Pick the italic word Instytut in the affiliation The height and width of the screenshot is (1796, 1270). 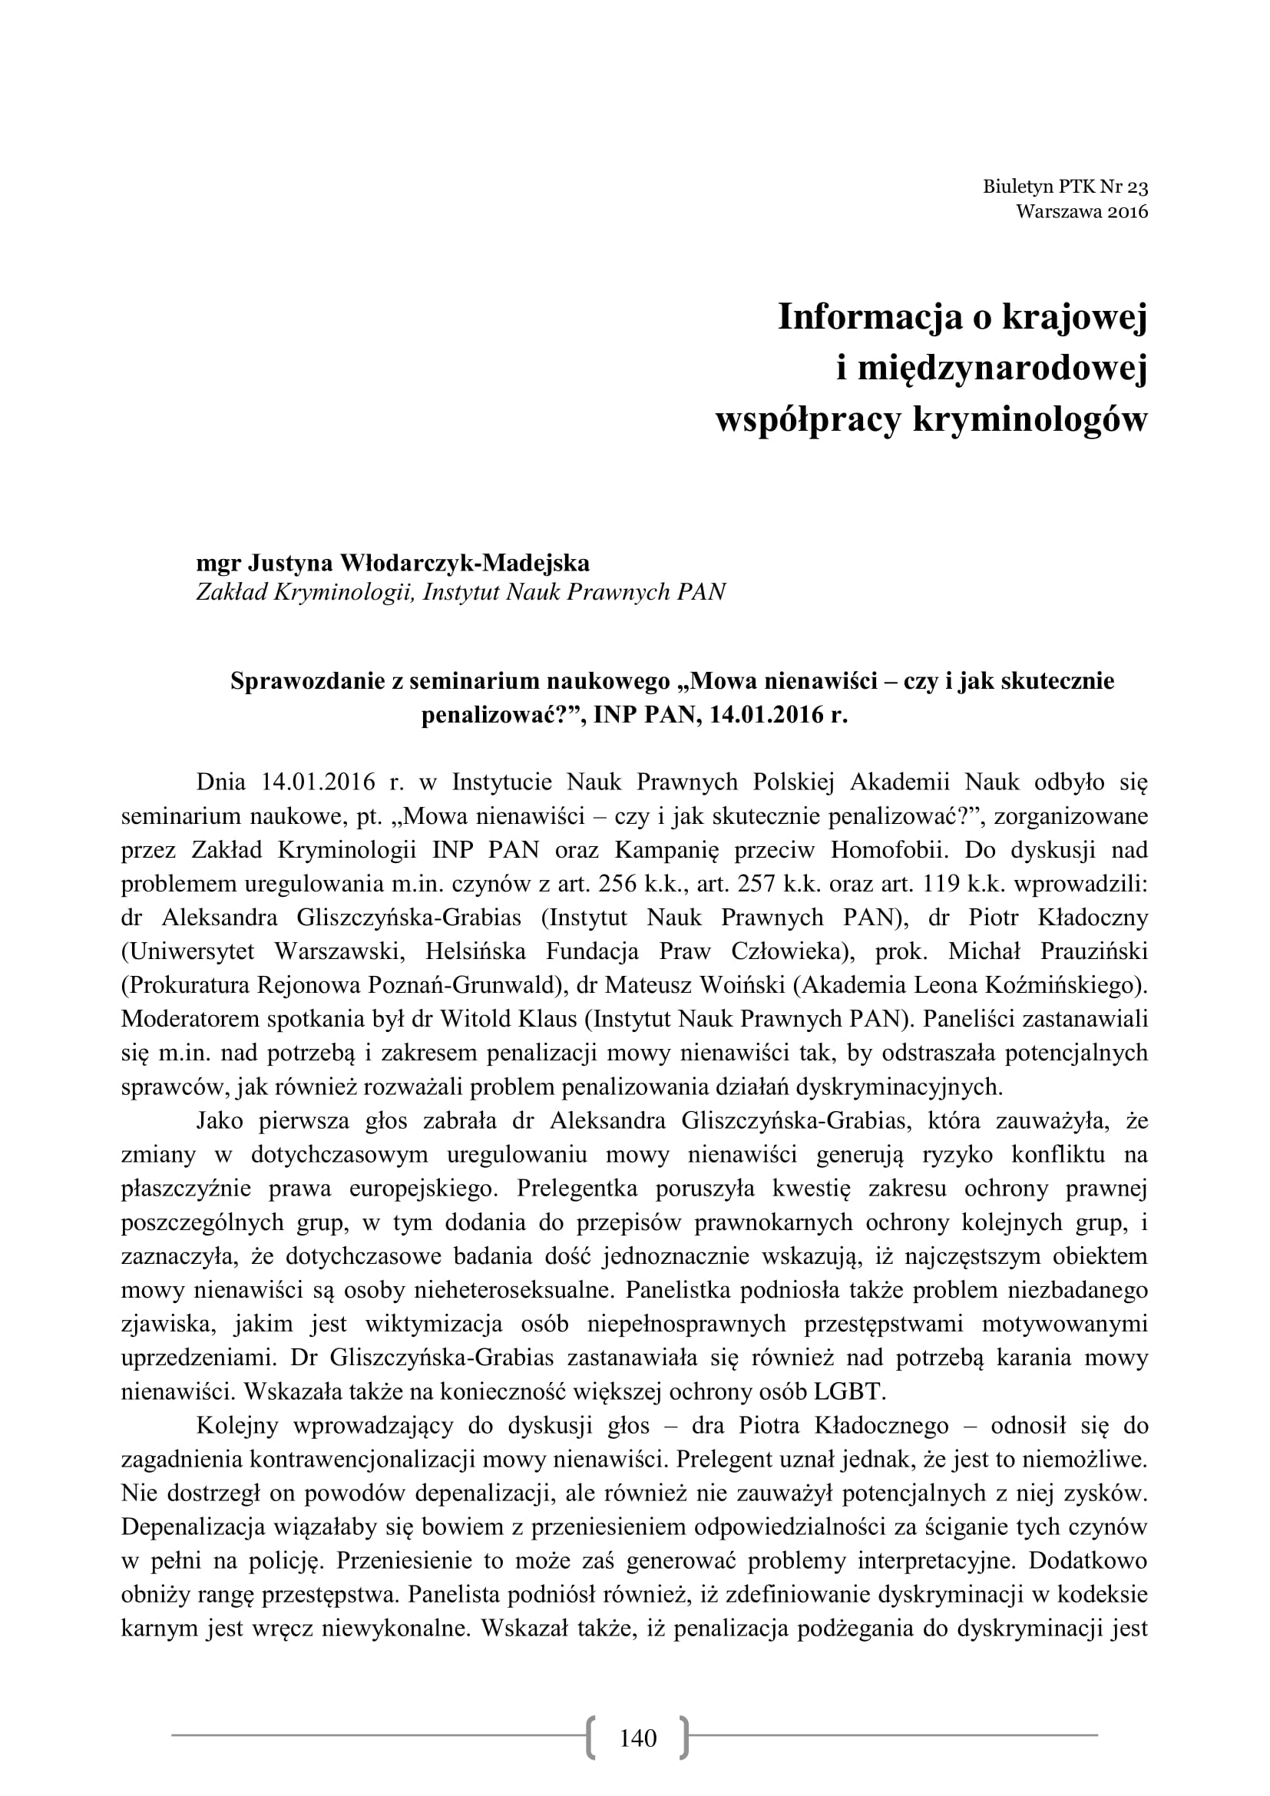pyautogui.click(x=461, y=591)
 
